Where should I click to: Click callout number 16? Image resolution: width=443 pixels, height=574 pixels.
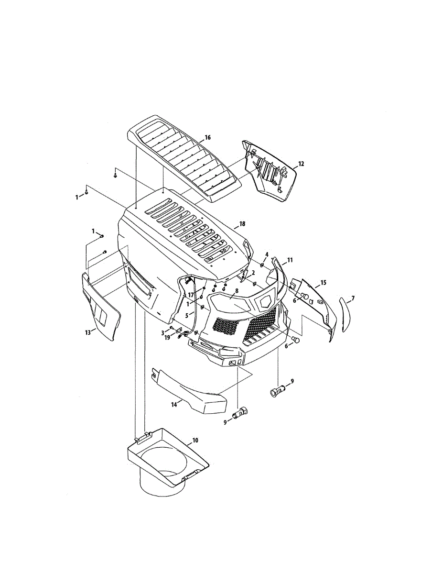207,137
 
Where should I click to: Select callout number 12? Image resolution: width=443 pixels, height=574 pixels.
301,164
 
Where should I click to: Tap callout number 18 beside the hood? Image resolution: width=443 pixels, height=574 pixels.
242,224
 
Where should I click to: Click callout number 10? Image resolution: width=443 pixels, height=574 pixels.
195,440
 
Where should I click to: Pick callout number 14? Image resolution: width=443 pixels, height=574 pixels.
174,405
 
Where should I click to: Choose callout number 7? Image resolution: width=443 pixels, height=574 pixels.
353,298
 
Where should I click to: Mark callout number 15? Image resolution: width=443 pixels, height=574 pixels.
323,283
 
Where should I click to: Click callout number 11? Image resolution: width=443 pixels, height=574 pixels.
290,260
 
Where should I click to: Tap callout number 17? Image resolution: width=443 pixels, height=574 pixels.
190,295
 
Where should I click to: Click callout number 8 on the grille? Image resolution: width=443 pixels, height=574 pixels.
236,290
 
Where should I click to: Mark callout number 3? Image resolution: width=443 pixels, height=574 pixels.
162,332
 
